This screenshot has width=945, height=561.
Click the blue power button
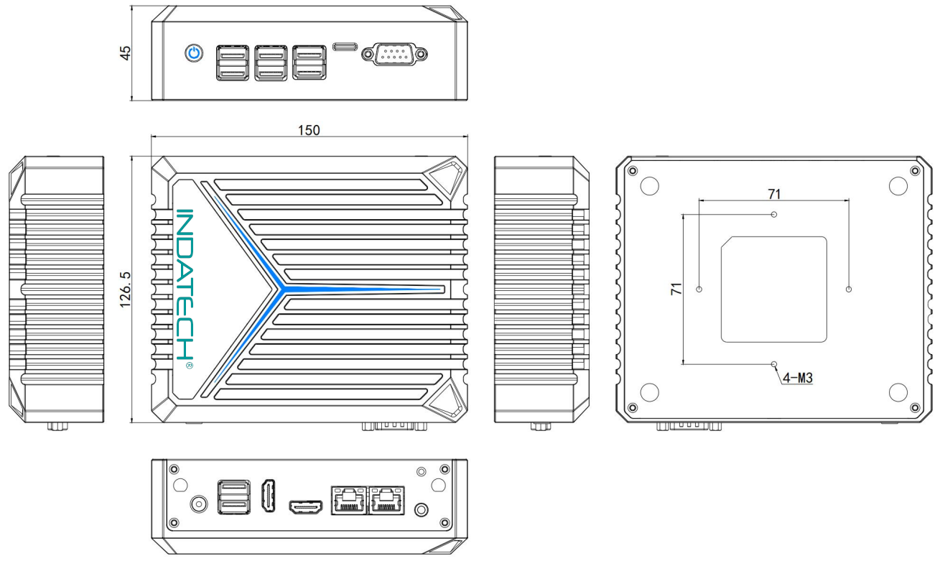[x=194, y=54]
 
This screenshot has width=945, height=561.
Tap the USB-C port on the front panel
[x=345, y=47]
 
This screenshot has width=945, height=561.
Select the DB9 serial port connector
[x=394, y=54]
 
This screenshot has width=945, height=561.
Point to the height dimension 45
[x=126, y=53]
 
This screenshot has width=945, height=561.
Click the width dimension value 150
[x=309, y=130]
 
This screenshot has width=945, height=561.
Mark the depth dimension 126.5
[x=125, y=289]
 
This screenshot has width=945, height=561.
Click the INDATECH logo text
[x=184, y=284]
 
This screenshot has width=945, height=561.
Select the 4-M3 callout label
[x=797, y=378]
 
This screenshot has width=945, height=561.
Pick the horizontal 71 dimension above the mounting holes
[x=774, y=194]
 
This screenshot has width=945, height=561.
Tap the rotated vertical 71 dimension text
[x=676, y=289]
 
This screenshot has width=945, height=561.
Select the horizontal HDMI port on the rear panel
[x=306, y=506]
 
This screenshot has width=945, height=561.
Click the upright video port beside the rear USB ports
[x=269, y=496]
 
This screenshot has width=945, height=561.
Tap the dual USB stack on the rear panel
[x=233, y=497]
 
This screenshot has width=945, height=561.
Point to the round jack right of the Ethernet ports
[x=421, y=509]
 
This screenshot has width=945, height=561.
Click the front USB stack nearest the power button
[x=233, y=63]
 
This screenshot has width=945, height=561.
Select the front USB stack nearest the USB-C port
[x=309, y=62]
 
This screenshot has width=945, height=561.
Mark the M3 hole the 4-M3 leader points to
[x=773, y=364]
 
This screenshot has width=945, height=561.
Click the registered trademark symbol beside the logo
[x=189, y=365]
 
